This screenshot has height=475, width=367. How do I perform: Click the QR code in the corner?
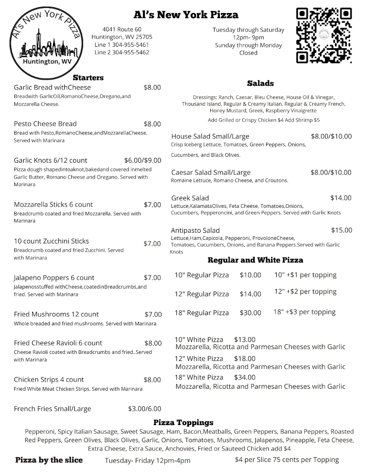click(324, 36)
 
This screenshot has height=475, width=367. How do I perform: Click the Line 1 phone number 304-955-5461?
click(122, 45)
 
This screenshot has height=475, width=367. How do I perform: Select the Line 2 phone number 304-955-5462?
click(122, 52)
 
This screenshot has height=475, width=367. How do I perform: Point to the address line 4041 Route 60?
click(122, 29)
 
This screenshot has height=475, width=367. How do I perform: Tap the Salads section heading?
click(260, 83)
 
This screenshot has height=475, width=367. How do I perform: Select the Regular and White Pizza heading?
click(255, 260)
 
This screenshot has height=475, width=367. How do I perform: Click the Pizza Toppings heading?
click(183, 422)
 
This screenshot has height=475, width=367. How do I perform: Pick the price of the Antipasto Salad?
click(341, 230)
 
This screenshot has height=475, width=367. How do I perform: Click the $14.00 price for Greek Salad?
click(341, 198)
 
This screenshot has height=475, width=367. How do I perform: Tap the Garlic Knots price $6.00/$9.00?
click(143, 160)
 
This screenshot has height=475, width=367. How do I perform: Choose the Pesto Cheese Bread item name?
click(45, 124)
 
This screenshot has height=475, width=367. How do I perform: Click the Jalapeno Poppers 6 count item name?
click(54, 277)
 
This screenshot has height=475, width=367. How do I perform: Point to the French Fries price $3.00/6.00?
click(145, 409)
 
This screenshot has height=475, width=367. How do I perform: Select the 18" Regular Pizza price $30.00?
click(250, 313)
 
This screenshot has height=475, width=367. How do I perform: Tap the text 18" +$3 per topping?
click(304, 312)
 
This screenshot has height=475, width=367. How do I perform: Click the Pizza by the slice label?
click(49, 460)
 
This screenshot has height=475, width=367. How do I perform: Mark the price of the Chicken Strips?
click(152, 380)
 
